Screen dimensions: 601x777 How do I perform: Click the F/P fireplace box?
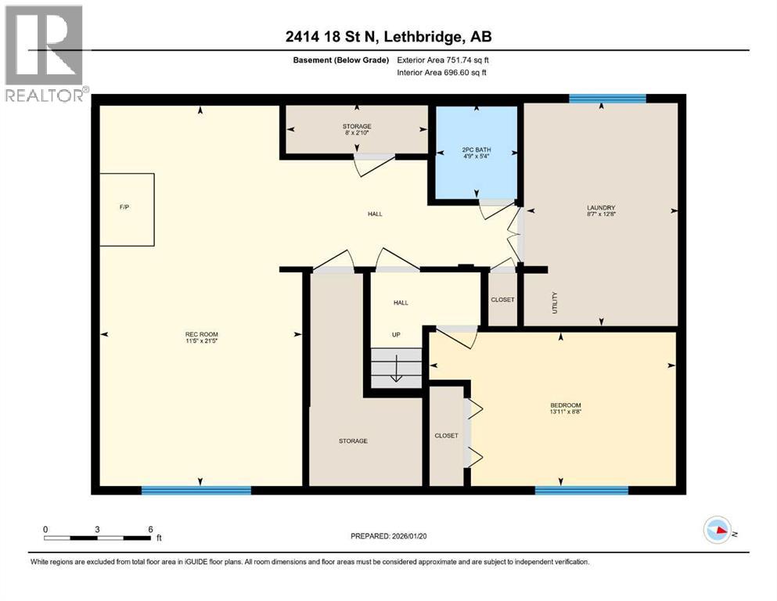click(126, 209)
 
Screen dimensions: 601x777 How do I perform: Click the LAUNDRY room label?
click(600, 208)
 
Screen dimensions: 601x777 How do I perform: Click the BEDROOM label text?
click(563, 405)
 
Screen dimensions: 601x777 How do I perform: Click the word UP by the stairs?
click(396, 335)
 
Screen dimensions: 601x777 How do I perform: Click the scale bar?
click(97, 538)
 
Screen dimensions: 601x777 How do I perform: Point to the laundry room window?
click(607, 99)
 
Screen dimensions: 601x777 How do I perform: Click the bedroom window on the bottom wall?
click(581, 491)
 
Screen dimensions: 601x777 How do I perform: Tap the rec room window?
click(196, 491)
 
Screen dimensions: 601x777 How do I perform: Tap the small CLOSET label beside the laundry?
click(502, 300)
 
